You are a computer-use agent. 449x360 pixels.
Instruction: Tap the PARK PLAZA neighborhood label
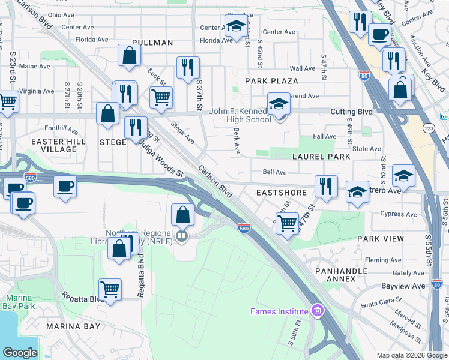(271, 80)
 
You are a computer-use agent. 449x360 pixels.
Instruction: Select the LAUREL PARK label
(321, 157)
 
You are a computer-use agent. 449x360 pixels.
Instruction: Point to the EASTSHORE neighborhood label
(282, 193)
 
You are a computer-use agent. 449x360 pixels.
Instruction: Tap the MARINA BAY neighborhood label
(74, 326)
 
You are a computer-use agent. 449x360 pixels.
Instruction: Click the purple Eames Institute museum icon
(317, 310)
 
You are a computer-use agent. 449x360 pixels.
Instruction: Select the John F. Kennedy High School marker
(278, 104)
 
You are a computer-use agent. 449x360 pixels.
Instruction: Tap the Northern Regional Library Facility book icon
(182, 236)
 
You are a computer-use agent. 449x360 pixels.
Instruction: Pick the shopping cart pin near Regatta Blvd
(110, 290)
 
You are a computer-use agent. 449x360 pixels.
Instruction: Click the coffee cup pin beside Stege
(65, 186)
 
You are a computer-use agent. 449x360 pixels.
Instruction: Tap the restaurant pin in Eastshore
(326, 186)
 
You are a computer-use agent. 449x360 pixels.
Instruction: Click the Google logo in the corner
(20, 353)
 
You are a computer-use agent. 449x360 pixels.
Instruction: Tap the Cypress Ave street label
(399, 214)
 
